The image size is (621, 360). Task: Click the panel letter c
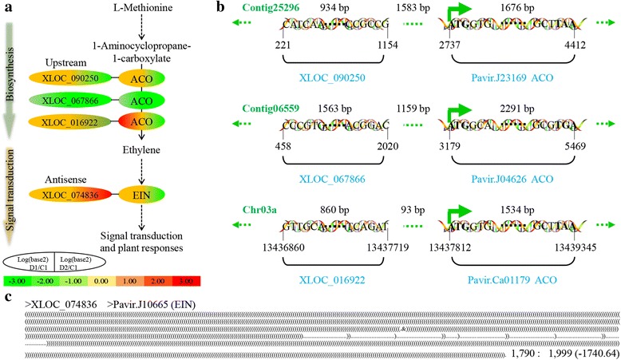coord(7,297)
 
